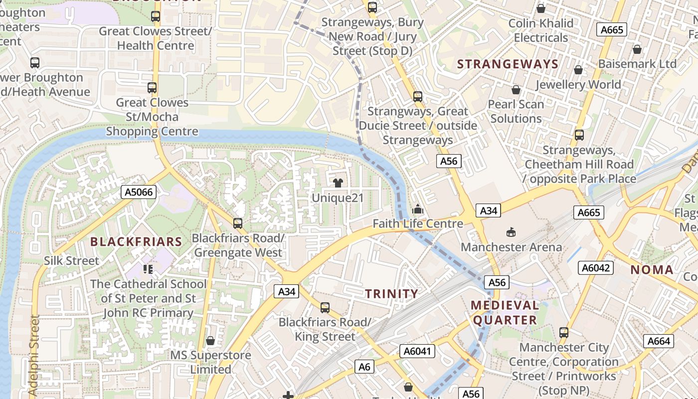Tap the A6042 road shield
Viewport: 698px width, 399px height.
tap(596, 268)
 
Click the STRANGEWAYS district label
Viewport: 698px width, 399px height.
tap(508, 64)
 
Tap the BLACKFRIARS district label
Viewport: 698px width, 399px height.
tap(136, 242)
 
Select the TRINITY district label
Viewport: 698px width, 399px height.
tap(391, 294)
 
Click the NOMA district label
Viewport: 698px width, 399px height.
tap(652, 270)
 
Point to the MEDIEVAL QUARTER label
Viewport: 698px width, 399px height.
tap(505, 312)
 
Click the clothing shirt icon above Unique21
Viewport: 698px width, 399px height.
tap(338, 183)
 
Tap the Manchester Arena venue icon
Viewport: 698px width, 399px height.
tap(511, 232)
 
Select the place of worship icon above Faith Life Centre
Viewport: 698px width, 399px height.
tap(418, 209)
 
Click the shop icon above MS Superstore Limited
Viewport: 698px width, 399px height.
tap(210, 341)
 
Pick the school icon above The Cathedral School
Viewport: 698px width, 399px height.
tap(148, 269)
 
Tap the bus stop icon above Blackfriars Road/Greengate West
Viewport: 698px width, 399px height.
tap(238, 223)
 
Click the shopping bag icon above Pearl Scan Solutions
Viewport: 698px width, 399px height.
tap(516, 90)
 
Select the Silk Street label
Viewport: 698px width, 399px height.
tap(72, 260)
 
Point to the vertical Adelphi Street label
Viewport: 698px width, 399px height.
tap(34, 355)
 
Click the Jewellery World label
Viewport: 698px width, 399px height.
tap(578, 84)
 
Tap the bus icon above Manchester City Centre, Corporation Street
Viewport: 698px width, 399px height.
tap(564, 332)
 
